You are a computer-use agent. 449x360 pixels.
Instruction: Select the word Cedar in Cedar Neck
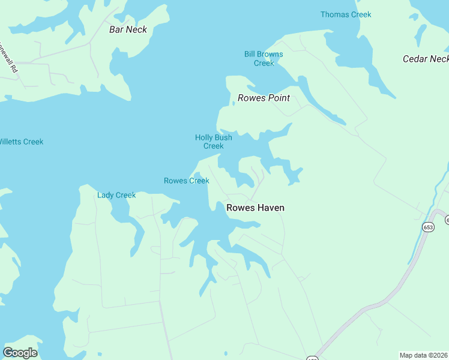(x=415, y=59)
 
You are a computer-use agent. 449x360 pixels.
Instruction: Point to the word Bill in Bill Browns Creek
(x=250, y=55)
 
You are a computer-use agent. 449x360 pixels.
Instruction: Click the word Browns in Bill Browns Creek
(x=271, y=55)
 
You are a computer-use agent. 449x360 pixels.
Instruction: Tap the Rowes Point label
(x=264, y=98)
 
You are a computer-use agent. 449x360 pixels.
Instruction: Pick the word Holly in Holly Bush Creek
(x=205, y=137)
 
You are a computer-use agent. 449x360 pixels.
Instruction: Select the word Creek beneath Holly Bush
(x=213, y=146)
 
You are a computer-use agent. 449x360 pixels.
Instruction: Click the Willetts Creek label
(x=21, y=142)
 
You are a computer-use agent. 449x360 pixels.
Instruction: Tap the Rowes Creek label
(x=186, y=181)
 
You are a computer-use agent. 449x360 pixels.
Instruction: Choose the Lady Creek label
(x=116, y=195)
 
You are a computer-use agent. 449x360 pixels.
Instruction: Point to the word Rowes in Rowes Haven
(x=239, y=208)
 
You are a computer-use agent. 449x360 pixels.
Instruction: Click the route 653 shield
(x=428, y=227)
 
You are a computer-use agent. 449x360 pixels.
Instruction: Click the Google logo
(x=20, y=353)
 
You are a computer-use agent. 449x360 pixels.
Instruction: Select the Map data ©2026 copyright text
(x=424, y=355)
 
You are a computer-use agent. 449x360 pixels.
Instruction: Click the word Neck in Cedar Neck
(x=439, y=59)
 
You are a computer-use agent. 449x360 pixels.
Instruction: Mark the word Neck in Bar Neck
(x=136, y=29)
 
